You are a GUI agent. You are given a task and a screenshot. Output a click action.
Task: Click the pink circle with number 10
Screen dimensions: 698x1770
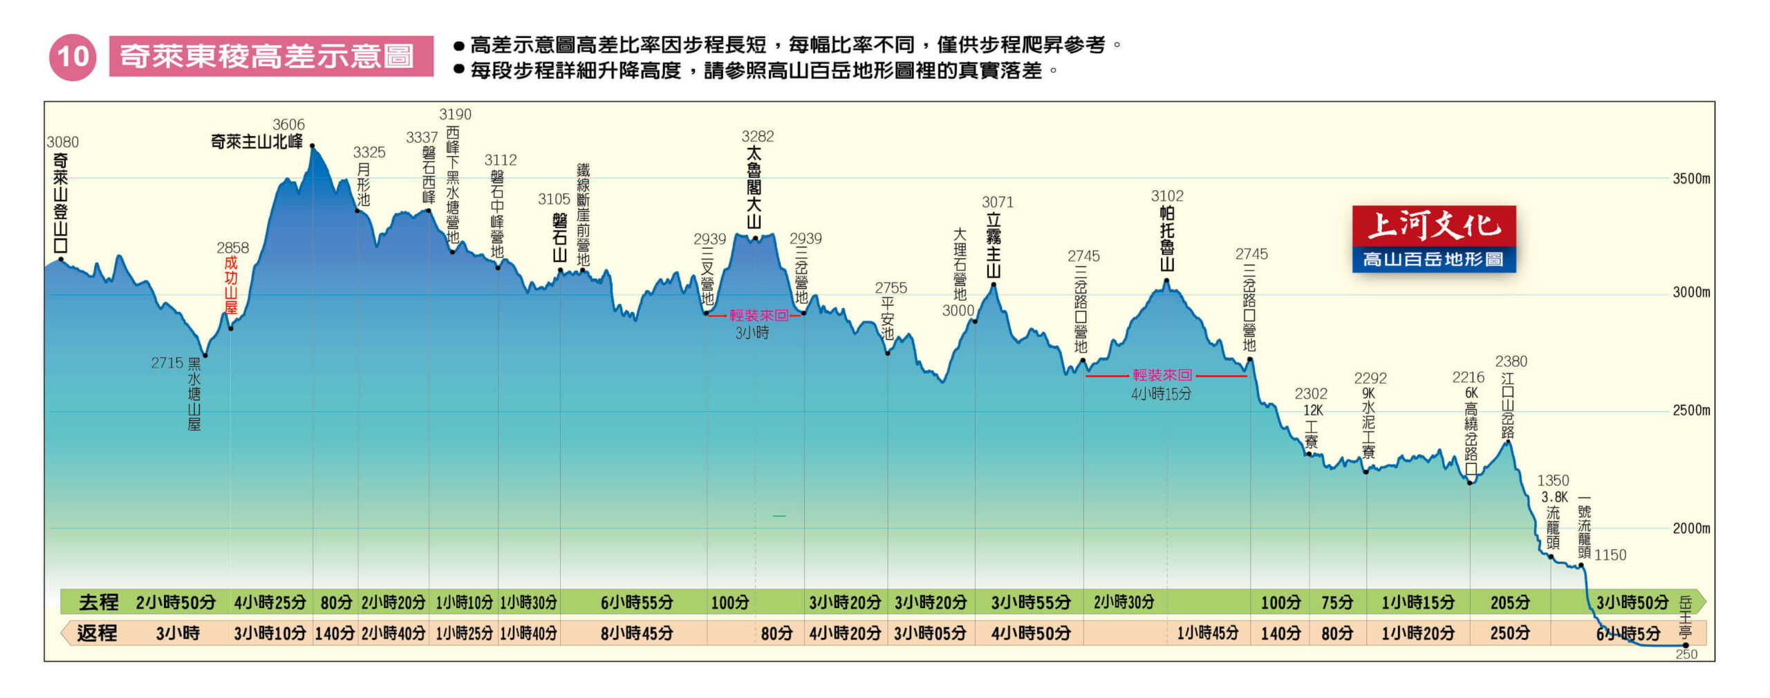point(73,57)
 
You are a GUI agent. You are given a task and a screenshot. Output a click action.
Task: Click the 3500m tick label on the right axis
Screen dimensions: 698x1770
point(1691,178)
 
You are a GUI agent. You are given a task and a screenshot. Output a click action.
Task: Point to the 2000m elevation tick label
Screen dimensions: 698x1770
point(1691,529)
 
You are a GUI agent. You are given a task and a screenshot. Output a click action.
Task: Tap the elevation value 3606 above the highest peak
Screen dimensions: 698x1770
point(288,124)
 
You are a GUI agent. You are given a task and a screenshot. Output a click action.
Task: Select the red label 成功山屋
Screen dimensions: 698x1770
point(231,285)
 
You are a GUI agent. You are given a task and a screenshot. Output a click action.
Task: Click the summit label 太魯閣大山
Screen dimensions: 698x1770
point(754,187)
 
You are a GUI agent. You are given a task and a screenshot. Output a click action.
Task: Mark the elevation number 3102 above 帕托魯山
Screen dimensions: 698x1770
point(1167,196)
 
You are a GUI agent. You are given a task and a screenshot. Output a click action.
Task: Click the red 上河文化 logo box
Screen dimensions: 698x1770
point(1434,226)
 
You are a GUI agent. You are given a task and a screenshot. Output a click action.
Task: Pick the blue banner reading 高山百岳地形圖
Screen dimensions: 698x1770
point(1434,259)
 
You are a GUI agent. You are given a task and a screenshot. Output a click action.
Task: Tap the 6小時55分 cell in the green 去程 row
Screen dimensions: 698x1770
point(637,603)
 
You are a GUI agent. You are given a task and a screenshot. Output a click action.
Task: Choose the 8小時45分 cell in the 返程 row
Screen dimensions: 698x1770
point(637,633)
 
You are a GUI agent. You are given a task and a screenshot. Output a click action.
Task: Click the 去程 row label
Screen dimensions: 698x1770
point(99,602)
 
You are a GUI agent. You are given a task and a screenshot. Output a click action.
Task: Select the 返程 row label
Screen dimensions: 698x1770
point(97,633)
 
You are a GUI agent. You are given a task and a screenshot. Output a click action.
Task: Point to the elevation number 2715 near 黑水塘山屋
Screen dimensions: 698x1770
point(167,363)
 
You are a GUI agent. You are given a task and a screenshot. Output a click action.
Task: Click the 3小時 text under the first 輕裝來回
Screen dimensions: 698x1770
point(752,333)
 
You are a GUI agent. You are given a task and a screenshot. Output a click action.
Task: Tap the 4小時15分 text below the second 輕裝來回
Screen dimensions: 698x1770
point(1162,394)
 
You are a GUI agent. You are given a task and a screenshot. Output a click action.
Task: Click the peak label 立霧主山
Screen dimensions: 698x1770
point(994,245)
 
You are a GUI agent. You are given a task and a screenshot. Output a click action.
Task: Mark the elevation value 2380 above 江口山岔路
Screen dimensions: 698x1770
point(1511,361)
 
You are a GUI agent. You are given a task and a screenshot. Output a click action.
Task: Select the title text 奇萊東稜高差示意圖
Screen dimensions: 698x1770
point(267,56)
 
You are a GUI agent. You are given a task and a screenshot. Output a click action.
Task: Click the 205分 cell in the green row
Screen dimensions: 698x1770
point(1510,603)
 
